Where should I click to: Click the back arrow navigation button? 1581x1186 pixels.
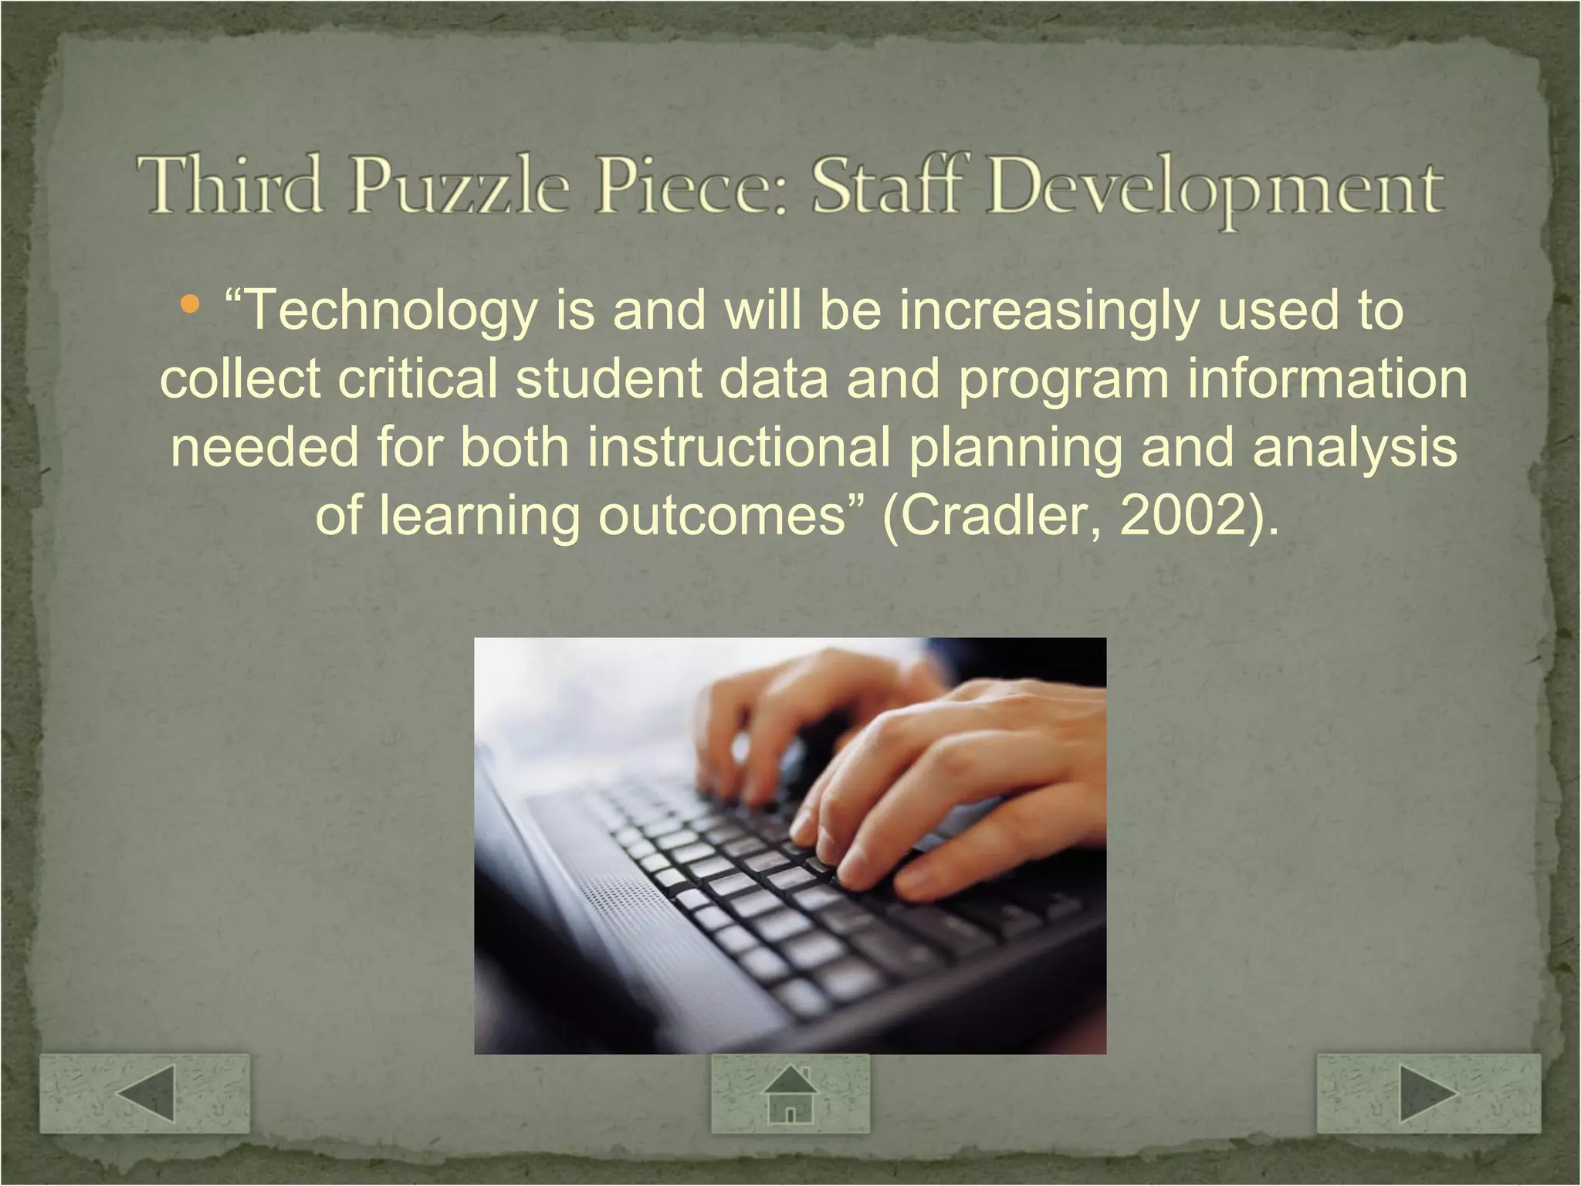pyautogui.click(x=145, y=1093)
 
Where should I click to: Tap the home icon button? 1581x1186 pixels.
pyautogui.click(x=790, y=1093)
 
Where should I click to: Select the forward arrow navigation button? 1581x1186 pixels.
pyautogui.click(x=1428, y=1093)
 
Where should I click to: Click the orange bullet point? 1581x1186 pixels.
pyautogui.click(x=188, y=304)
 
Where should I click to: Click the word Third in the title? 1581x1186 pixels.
pyautogui.click(x=229, y=185)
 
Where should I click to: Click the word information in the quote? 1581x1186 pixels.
pyautogui.click(x=1327, y=379)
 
